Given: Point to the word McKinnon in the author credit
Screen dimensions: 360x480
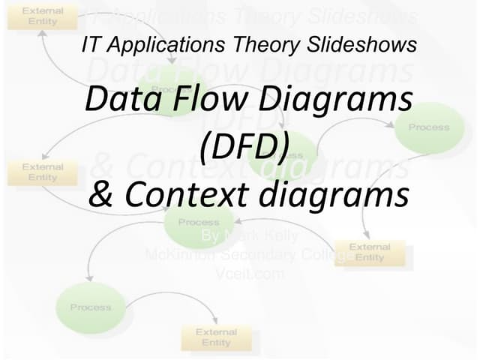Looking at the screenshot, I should tap(180, 255).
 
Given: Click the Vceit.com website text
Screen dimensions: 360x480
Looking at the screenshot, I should tap(250, 274).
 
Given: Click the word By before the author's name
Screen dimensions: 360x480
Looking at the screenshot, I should tap(211, 236).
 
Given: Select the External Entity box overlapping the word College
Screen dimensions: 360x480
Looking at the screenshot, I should tap(369, 253).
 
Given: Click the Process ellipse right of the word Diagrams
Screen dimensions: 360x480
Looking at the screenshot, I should tap(429, 127).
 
